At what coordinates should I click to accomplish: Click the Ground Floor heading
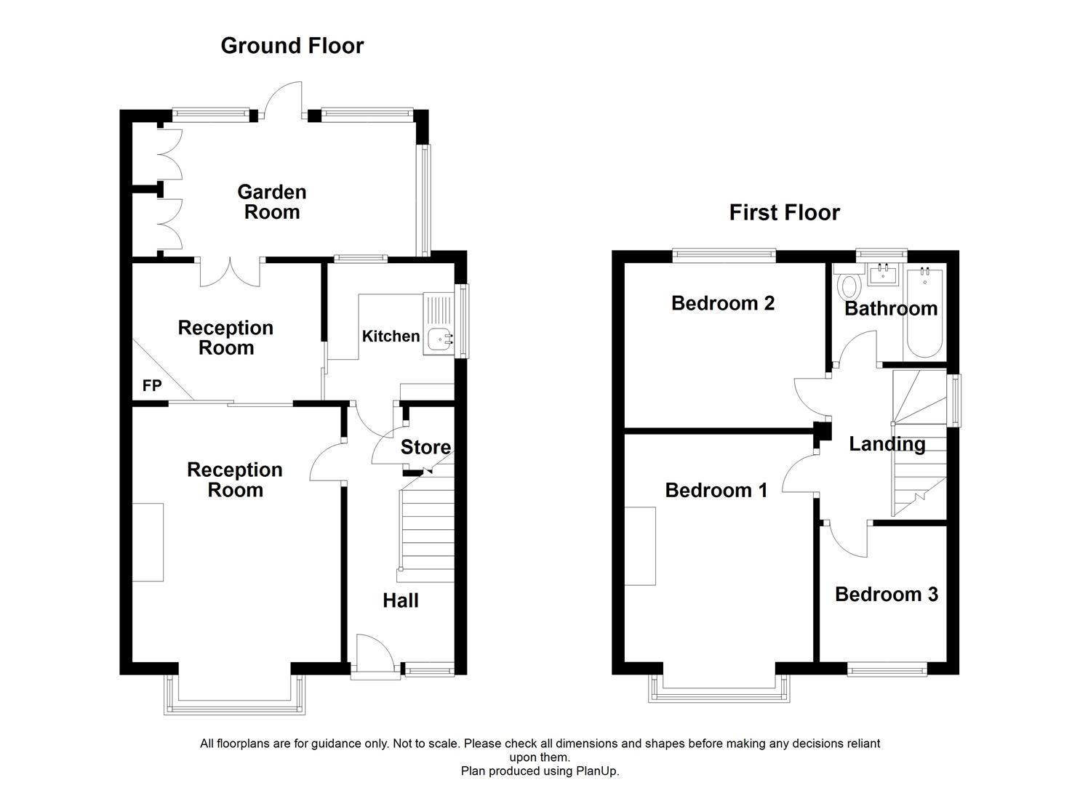292,46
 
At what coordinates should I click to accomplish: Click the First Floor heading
784,212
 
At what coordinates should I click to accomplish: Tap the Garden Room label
271,202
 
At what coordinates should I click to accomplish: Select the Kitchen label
391,336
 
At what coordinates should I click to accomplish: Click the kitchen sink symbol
439,339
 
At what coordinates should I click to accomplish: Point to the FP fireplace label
152,386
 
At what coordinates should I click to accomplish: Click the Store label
425,447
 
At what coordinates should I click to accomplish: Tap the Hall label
401,600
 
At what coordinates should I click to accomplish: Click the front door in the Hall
375,654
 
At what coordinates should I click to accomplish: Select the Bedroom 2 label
722,303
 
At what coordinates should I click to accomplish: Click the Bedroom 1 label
716,491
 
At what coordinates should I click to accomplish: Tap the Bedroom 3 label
886,595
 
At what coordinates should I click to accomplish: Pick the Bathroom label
890,309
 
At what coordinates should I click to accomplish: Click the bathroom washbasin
885,275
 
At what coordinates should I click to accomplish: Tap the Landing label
887,444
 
